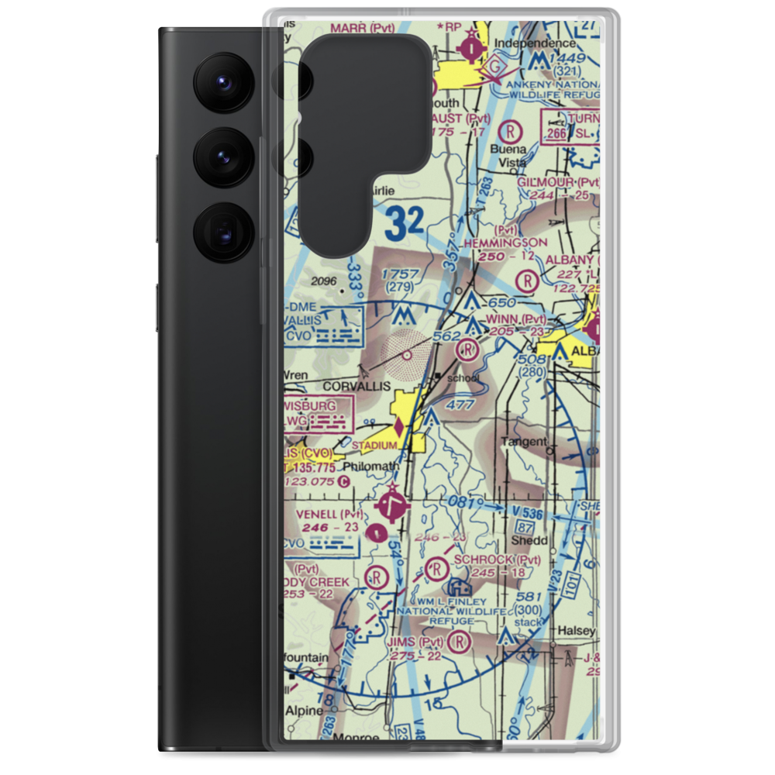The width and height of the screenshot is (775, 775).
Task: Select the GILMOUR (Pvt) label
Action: [559, 182]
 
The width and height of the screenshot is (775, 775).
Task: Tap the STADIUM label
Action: [375, 446]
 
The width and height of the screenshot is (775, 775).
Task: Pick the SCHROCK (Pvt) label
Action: [497, 560]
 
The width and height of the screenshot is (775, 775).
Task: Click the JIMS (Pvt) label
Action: [419, 642]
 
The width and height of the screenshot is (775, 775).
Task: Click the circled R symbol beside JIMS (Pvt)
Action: [460, 642]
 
